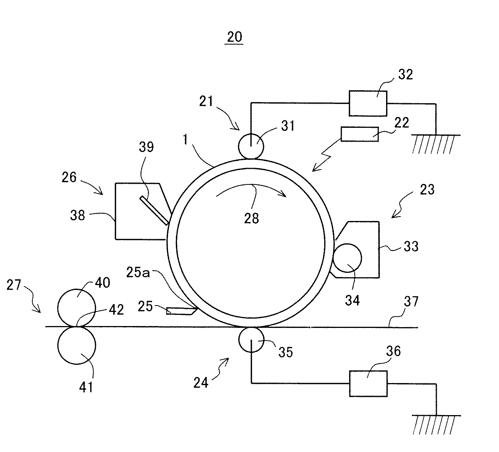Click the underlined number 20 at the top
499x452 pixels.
pyautogui.click(x=234, y=37)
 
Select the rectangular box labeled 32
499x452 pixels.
pyautogui.click(x=368, y=103)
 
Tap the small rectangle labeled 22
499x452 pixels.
pyautogui.click(x=360, y=134)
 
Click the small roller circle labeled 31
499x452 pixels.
pyautogui.click(x=251, y=146)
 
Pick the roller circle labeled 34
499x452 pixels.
pyautogui.click(x=347, y=258)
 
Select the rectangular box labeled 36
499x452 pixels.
pyautogui.click(x=368, y=383)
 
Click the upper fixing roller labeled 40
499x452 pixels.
pyautogui.click(x=76, y=308)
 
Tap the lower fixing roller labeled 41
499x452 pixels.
pyautogui.click(x=76, y=345)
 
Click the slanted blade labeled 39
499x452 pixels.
pyautogui.click(x=154, y=211)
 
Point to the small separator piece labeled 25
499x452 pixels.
pyautogui.click(x=181, y=311)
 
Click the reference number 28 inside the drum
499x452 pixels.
pyautogui.click(x=252, y=218)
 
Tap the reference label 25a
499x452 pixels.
pyautogui.click(x=138, y=272)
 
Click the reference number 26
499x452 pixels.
pyautogui.click(x=69, y=178)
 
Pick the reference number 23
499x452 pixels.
pyautogui.click(x=427, y=189)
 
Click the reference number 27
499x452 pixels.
pyautogui.click(x=14, y=285)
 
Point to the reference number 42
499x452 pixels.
pyautogui.click(x=116, y=310)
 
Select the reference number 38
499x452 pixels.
pyautogui.click(x=78, y=215)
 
